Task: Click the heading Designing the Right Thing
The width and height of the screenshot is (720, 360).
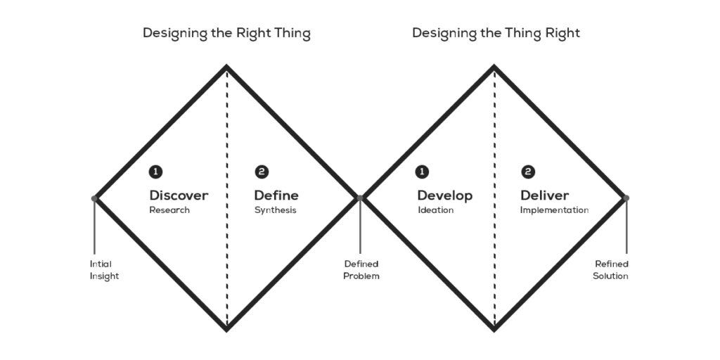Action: tap(226, 33)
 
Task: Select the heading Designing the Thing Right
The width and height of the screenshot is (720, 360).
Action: tap(496, 33)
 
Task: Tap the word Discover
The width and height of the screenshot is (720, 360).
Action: tap(179, 195)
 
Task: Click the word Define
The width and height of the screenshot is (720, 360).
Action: tap(276, 195)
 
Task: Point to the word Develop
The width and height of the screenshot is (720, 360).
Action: tap(444, 195)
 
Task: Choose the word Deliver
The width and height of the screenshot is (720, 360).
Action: tap(544, 195)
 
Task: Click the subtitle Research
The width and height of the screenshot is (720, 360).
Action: tap(169, 210)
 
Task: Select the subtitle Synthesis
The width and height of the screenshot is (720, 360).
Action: tap(275, 210)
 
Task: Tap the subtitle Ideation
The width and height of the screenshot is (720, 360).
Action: tap(435, 210)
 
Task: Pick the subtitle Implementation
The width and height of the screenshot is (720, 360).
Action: tap(554, 210)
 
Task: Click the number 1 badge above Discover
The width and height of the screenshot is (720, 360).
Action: tap(155, 172)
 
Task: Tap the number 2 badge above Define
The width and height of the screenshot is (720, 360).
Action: tap(262, 172)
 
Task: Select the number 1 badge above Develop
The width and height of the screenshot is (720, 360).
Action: tap(422, 172)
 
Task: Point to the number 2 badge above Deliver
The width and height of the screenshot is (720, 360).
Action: tap(528, 172)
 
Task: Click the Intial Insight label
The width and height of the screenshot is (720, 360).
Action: tap(104, 270)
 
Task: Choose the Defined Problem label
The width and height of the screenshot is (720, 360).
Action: tap(361, 270)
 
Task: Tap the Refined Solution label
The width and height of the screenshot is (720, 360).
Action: tap(610, 270)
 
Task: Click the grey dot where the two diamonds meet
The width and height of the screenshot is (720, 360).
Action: tap(360, 198)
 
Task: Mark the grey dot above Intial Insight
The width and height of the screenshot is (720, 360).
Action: tap(94, 198)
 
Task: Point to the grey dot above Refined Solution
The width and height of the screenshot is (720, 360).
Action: tap(626, 198)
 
